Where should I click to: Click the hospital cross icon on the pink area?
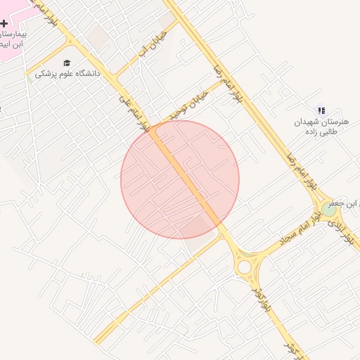click(x=4, y=24)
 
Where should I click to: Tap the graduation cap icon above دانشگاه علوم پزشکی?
click(x=67, y=63)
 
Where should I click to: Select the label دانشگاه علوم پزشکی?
click(x=67, y=73)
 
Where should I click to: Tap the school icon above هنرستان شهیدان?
click(x=321, y=110)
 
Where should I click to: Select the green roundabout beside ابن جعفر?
click(x=328, y=209)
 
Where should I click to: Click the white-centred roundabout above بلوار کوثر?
click(x=244, y=267)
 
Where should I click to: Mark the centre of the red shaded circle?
click(x=180, y=179)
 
